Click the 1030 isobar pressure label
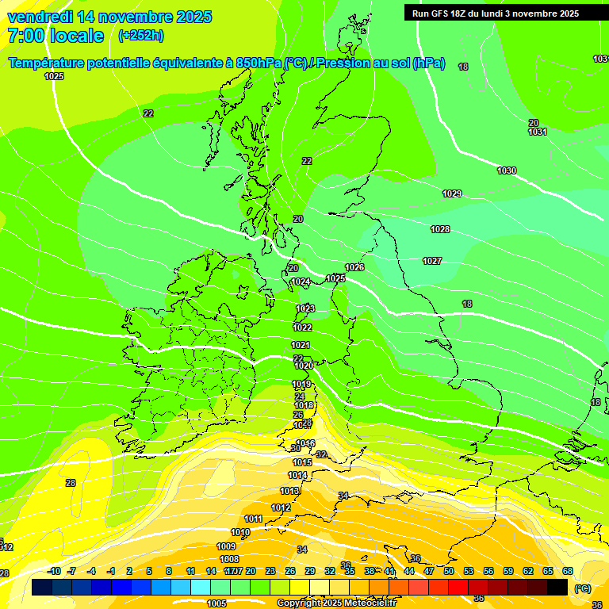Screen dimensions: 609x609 (x=507, y=171)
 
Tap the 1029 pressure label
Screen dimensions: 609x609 (x=452, y=194)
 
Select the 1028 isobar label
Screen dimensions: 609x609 (x=440, y=229)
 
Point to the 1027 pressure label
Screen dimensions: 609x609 (x=432, y=261)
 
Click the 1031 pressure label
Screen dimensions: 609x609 (x=538, y=132)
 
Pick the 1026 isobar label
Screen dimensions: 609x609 (x=354, y=267)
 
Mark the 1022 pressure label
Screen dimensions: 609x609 (x=302, y=327)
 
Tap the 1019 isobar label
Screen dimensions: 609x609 (x=301, y=384)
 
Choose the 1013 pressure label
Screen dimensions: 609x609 (x=289, y=491)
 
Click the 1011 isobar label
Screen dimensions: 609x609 (x=253, y=519)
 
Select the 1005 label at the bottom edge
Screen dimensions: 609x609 (x=216, y=603)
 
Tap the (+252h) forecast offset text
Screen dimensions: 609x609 (x=140, y=36)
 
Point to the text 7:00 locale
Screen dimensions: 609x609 (x=56, y=36)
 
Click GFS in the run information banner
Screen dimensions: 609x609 (x=440, y=13)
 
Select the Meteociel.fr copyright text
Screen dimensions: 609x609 (x=336, y=603)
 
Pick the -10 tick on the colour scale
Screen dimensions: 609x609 (x=54, y=571)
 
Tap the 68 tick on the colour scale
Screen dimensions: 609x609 (x=568, y=571)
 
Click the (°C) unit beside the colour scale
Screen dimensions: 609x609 (x=582, y=588)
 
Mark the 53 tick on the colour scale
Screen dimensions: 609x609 (x=469, y=571)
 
